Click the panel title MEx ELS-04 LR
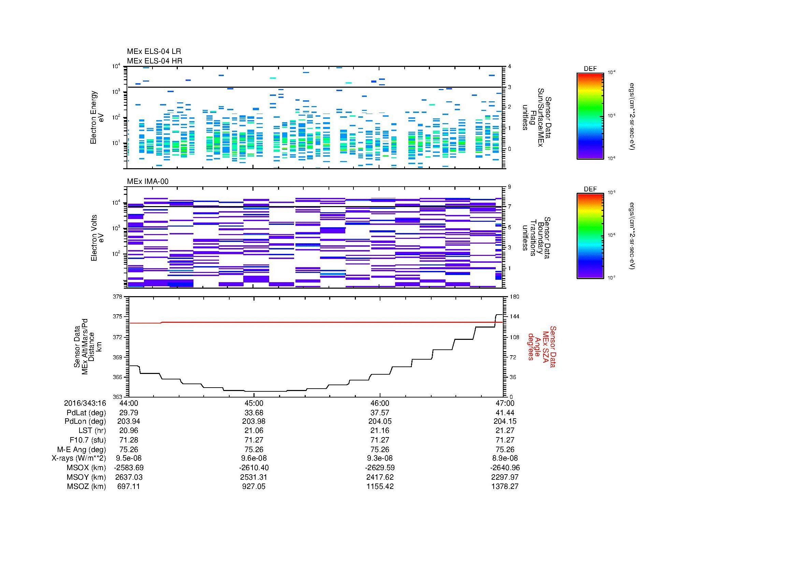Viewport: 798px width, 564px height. [x=154, y=52]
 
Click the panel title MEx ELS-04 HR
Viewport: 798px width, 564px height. [x=155, y=61]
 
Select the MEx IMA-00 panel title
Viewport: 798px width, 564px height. [x=148, y=182]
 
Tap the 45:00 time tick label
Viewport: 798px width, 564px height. [x=254, y=403]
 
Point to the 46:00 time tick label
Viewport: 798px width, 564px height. [x=380, y=403]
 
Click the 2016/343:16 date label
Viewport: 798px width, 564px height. [x=85, y=403]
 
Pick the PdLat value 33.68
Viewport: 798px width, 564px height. [x=254, y=413]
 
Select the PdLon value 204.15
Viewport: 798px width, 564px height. [x=505, y=421]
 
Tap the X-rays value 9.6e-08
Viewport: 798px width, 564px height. [x=254, y=458]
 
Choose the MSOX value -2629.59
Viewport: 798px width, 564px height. [x=380, y=468]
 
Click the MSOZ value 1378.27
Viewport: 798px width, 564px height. [x=505, y=487]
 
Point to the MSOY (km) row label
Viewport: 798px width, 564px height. [x=86, y=477]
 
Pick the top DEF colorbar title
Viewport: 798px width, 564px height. [x=590, y=69]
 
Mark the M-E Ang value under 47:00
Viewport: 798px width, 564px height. [x=505, y=449]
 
